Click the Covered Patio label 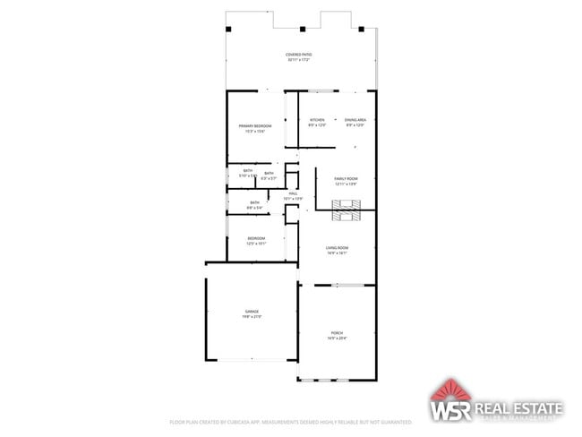point(299,55)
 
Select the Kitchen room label point(317,120)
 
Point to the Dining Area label point(356,120)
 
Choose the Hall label point(293,193)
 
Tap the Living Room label point(337,247)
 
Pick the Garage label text point(252,312)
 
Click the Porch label point(337,332)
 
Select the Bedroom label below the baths point(256,237)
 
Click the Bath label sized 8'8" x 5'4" point(255,202)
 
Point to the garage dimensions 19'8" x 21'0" point(252,317)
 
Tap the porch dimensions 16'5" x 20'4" point(337,338)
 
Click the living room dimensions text point(337,253)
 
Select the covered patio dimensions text point(299,60)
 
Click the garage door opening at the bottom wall point(251,360)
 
